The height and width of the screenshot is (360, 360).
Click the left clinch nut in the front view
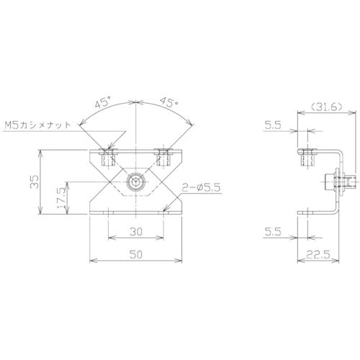click(x=107, y=156)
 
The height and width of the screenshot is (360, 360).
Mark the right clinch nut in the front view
click(x=162, y=156)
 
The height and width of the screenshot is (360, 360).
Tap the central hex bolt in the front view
click(x=135, y=183)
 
